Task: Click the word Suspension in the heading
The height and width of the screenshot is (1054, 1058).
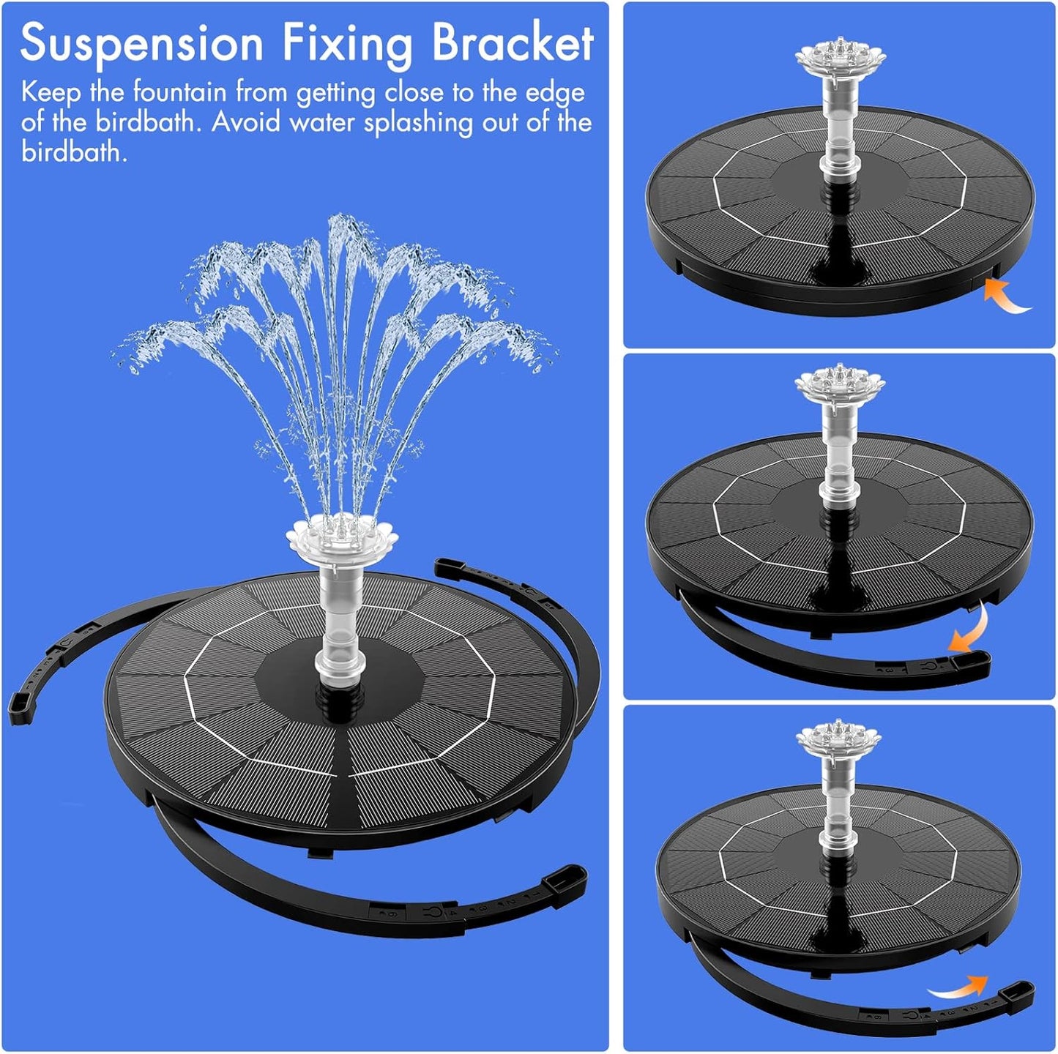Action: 141,44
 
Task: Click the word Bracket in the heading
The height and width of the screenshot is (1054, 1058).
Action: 512,42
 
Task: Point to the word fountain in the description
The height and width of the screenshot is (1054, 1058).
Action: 179,93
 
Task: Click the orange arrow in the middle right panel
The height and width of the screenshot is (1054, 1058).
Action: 969,631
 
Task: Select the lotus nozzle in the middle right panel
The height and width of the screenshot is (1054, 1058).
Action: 840,384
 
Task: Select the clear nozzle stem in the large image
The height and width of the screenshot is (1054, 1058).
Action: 341,622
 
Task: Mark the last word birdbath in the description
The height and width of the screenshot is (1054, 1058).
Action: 73,152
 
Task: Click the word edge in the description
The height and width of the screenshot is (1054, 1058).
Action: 555,93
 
